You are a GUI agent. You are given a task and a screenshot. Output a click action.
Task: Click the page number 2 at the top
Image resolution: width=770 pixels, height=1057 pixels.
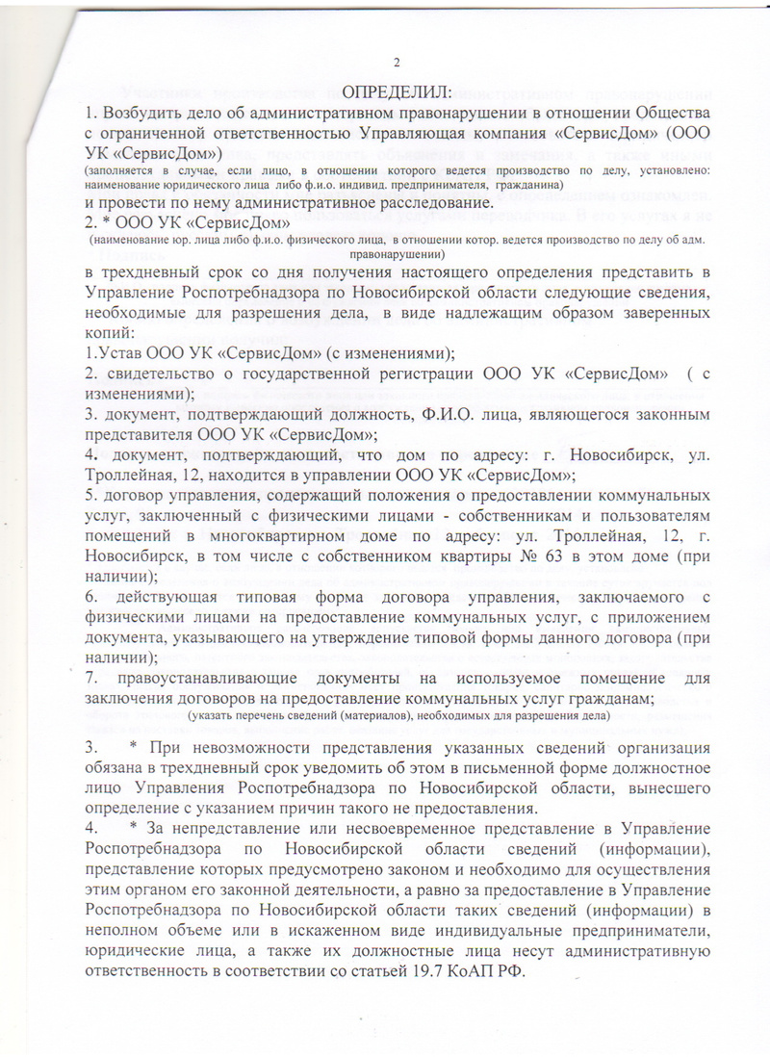click(395, 64)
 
